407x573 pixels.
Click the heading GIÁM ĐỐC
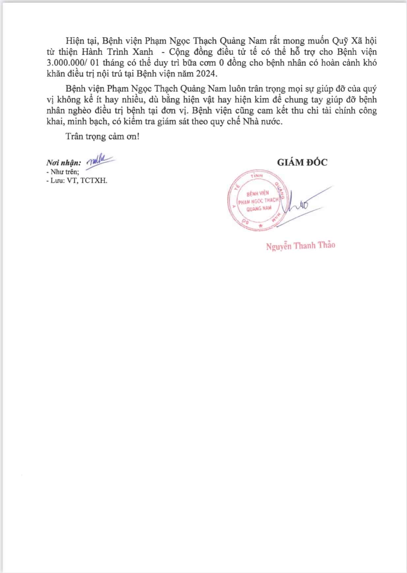point(302,162)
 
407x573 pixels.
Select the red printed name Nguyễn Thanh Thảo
point(301,246)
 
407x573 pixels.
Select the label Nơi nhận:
point(64,163)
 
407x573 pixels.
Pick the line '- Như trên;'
point(63,172)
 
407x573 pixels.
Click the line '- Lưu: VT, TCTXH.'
point(77,181)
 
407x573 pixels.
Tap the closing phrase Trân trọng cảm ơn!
point(102,136)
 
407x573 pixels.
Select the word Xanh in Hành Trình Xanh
point(142,52)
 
